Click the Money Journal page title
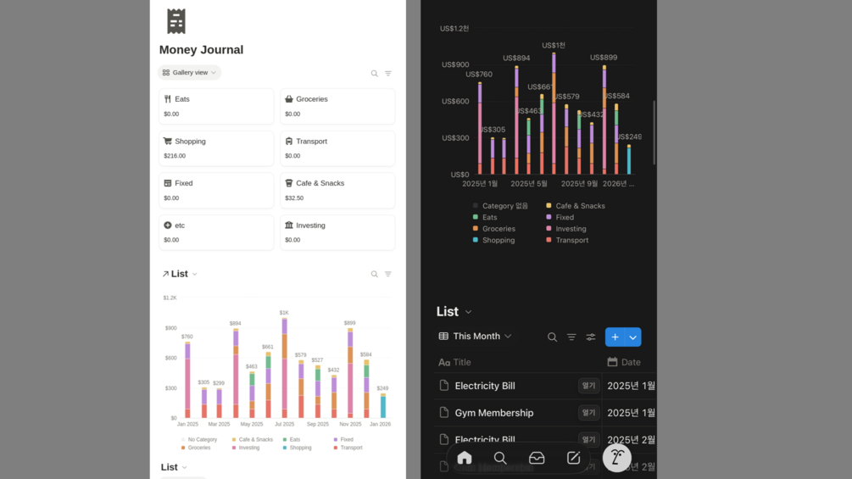[x=201, y=50]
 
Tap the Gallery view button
[x=190, y=73]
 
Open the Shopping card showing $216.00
[x=216, y=148]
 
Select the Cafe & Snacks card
[x=337, y=190]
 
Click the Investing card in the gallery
[x=337, y=232]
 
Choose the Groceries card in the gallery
[x=337, y=106]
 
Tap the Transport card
[x=337, y=148]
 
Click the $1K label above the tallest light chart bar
[x=284, y=313]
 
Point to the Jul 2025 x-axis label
[x=284, y=424]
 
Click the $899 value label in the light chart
[x=348, y=323]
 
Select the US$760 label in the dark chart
[x=479, y=75]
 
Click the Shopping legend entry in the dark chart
[x=498, y=240]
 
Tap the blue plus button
[x=615, y=337]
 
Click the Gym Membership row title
[x=493, y=413]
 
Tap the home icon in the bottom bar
[x=465, y=458]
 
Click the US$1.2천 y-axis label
[x=454, y=29]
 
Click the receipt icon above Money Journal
[x=176, y=21]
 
